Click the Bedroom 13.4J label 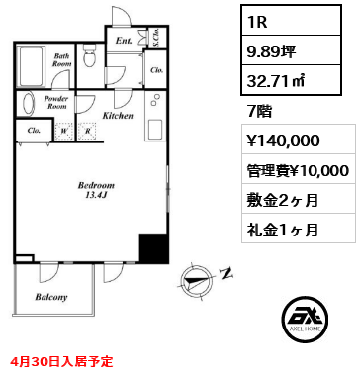[96, 190]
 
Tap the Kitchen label [118, 116]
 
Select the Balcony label [51, 297]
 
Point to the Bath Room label [62, 60]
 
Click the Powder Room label [56, 102]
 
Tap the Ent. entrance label [124, 41]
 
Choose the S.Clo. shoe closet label [157, 37]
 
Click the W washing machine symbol [64, 132]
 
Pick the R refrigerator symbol [87, 132]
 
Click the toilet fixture [89, 56]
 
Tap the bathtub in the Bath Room [31, 66]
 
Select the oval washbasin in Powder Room [29, 103]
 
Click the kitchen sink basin [155, 130]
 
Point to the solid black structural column [154, 248]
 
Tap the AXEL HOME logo [306, 319]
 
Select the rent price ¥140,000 [284, 141]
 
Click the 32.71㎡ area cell [291, 80]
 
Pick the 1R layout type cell [291, 21]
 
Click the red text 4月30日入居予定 [61, 362]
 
